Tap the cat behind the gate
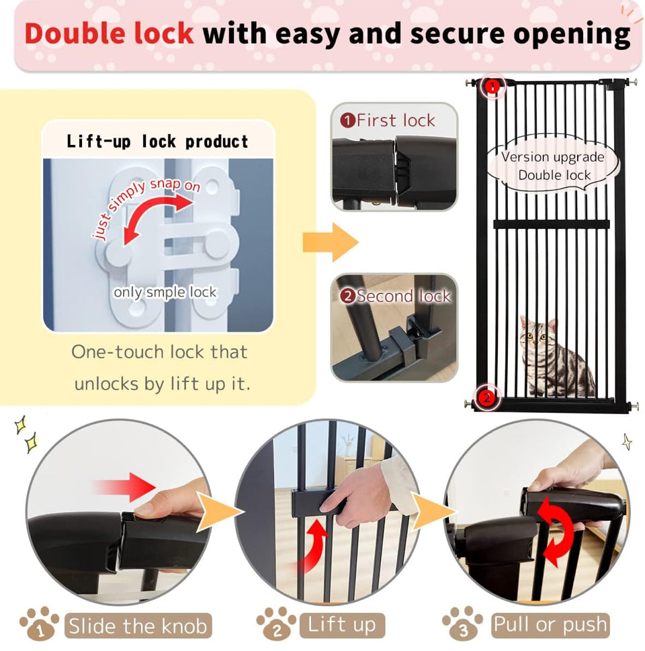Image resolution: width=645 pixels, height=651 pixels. point(554,356)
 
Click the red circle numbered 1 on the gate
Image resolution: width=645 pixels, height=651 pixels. point(492,87)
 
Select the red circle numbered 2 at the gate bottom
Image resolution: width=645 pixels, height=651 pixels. point(486,397)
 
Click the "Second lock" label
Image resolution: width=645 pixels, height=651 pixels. point(395,296)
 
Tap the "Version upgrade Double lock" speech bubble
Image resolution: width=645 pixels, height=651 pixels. point(553,166)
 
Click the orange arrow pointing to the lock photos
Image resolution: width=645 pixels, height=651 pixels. point(331,242)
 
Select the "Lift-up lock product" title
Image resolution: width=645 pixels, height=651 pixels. point(157,142)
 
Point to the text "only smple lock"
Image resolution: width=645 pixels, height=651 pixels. point(165,292)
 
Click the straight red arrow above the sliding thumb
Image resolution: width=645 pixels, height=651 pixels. point(125,487)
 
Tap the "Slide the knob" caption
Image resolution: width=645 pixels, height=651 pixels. point(138,625)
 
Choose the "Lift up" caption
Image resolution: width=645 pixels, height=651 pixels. point(341,625)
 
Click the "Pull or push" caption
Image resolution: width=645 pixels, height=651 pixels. point(550,624)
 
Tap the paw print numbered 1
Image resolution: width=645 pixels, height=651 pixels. point(40,623)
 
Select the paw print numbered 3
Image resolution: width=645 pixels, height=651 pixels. point(462,623)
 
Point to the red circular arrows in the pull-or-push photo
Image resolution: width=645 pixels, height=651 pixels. point(555,532)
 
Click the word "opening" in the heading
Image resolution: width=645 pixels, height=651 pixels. point(572,35)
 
